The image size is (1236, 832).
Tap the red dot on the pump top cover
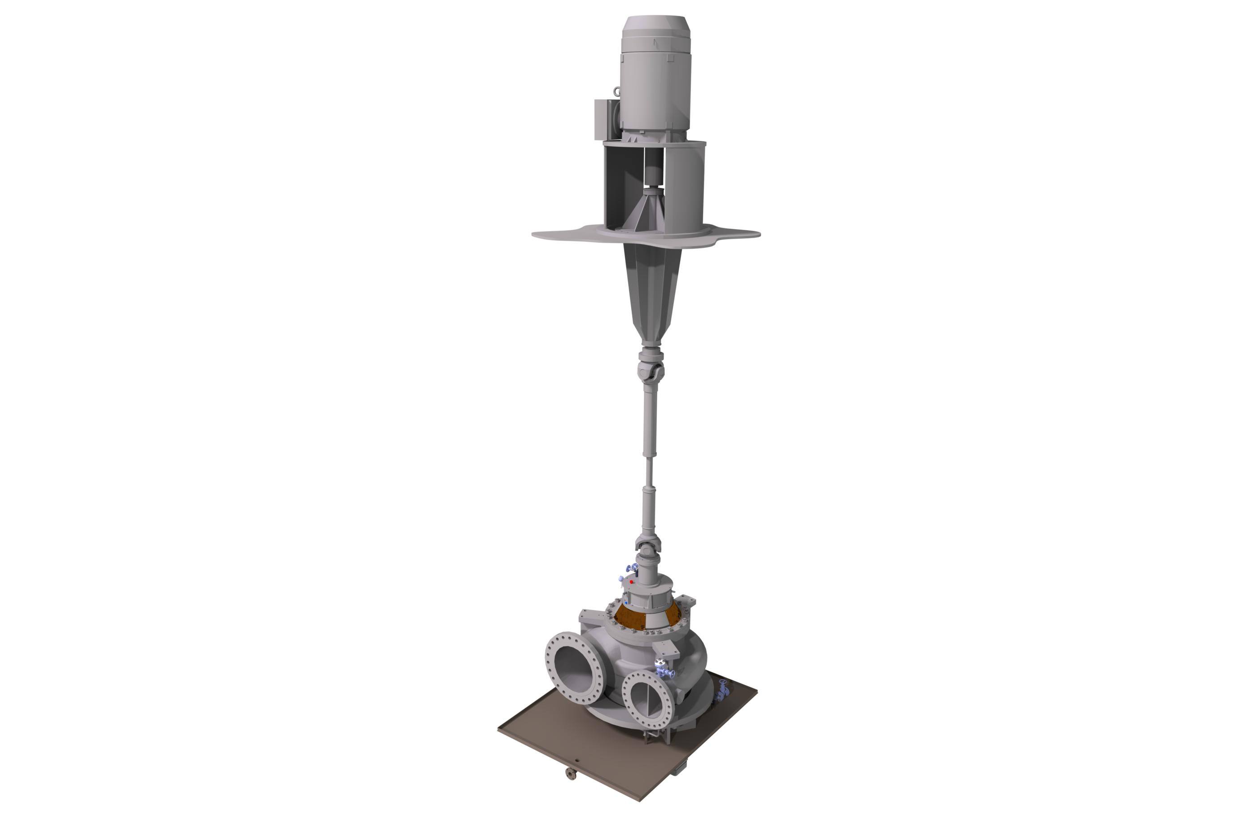(x=631, y=582)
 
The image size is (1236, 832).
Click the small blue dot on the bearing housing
(x=627, y=602)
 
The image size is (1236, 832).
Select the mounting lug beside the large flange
(x=591, y=617)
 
